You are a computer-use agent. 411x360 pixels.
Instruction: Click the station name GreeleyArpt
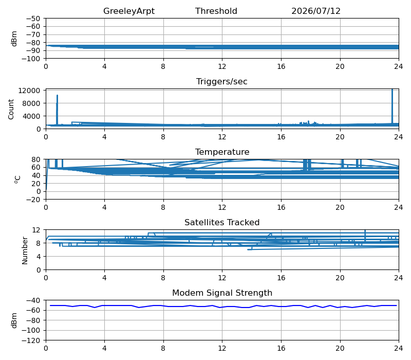(x=129, y=11)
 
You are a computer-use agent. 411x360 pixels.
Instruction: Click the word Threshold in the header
(x=216, y=11)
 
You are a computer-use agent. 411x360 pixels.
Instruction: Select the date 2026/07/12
(x=316, y=11)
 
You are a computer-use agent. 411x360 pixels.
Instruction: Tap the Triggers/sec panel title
(x=222, y=82)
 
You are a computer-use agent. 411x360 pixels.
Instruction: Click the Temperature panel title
(x=222, y=152)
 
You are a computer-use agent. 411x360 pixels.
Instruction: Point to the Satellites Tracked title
(x=222, y=223)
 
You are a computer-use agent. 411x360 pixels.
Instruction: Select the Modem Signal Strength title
(x=222, y=293)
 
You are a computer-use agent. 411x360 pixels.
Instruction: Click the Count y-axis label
(x=11, y=109)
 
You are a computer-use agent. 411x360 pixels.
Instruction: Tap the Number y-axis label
(x=25, y=250)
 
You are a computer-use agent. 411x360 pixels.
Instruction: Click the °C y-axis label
(x=17, y=179)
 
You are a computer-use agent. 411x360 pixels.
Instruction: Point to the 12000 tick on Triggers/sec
(x=29, y=91)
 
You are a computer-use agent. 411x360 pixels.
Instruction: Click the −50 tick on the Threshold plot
(x=33, y=19)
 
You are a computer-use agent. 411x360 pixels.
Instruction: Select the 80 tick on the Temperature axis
(x=36, y=159)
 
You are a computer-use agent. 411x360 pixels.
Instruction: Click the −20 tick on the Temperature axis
(x=33, y=200)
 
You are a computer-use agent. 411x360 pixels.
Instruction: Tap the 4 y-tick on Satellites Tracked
(x=39, y=256)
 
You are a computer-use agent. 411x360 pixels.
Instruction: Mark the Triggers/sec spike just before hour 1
(x=57, y=110)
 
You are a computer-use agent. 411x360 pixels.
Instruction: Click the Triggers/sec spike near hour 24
(x=392, y=106)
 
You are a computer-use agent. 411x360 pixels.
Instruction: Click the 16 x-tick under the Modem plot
(x=281, y=349)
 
